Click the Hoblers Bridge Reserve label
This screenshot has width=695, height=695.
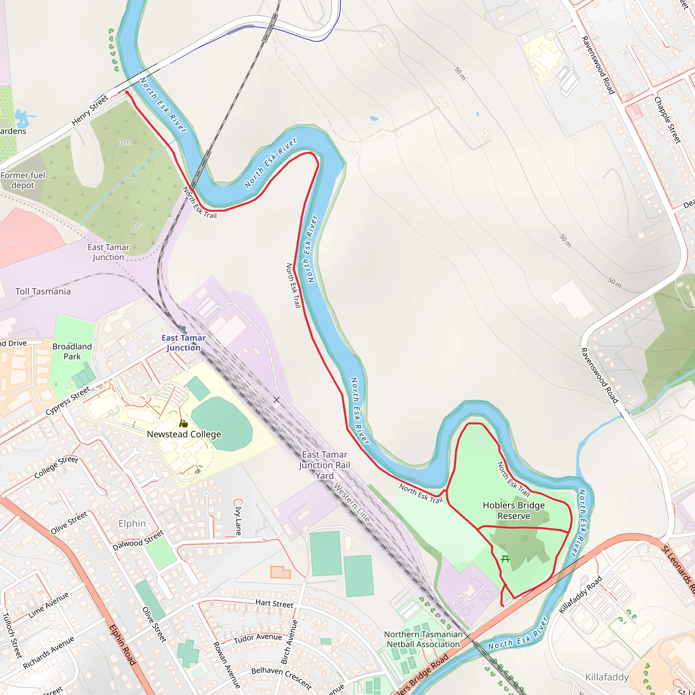tap(513, 510)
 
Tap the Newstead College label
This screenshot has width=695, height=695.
tap(184, 434)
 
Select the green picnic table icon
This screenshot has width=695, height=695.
tap(505, 559)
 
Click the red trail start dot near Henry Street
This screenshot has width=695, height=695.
tap(127, 92)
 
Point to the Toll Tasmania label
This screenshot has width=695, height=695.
tap(43, 292)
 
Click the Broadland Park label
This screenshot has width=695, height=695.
tap(72, 352)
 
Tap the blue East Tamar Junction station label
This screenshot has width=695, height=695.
tap(184, 342)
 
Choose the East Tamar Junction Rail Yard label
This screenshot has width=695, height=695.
tap(324, 465)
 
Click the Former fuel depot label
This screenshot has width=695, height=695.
tap(23, 180)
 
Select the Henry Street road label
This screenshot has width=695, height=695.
tap(90, 110)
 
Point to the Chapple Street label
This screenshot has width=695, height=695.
tap(667, 120)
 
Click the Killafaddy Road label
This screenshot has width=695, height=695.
tap(580, 595)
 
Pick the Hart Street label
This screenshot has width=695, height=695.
tap(274, 604)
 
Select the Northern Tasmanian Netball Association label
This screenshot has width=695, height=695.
tap(423, 639)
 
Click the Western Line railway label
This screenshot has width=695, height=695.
tap(352, 503)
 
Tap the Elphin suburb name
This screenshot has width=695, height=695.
tap(132, 523)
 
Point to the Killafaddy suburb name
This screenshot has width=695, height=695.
tap(607, 677)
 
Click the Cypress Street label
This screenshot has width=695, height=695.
tap(68, 401)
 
